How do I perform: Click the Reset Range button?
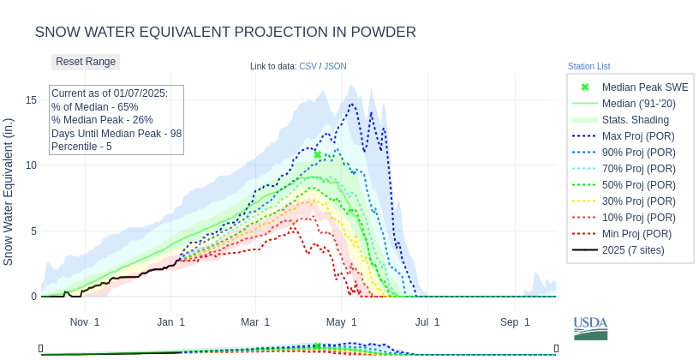point(86,62)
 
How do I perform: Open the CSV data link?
point(308,66)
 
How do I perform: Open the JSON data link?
point(335,66)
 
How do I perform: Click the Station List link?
point(588,66)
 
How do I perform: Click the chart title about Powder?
point(225,32)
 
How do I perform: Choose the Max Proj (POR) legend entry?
point(637,136)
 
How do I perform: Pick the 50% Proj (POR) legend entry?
point(637,185)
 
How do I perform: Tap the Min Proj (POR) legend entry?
point(636,234)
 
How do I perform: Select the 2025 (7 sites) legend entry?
point(633,250)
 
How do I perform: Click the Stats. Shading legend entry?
point(636,120)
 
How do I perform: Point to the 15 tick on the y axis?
point(32,100)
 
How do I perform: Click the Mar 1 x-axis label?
point(255,322)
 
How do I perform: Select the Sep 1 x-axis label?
point(515,322)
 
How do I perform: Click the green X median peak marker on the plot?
point(317,155)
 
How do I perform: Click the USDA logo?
point(590,327)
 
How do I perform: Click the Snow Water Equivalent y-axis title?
point(9,191)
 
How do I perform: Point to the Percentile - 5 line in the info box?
point(81,147)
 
